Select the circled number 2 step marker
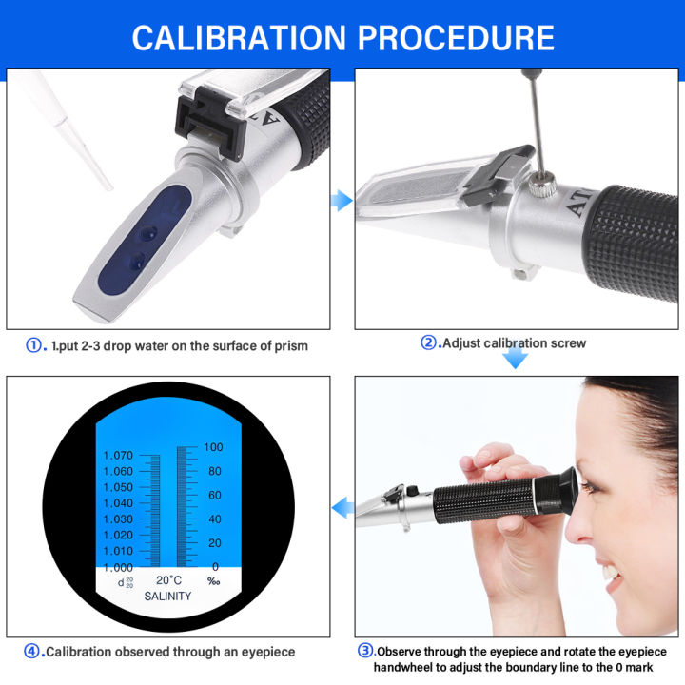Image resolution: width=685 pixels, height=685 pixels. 429,343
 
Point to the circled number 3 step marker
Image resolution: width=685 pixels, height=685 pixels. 364,651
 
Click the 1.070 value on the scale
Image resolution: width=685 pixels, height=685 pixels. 118,456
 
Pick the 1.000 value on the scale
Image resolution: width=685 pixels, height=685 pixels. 118,567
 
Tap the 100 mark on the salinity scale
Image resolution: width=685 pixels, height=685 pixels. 212,446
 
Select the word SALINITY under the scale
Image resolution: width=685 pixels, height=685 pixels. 167,597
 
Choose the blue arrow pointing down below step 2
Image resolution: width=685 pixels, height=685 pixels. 515,358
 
